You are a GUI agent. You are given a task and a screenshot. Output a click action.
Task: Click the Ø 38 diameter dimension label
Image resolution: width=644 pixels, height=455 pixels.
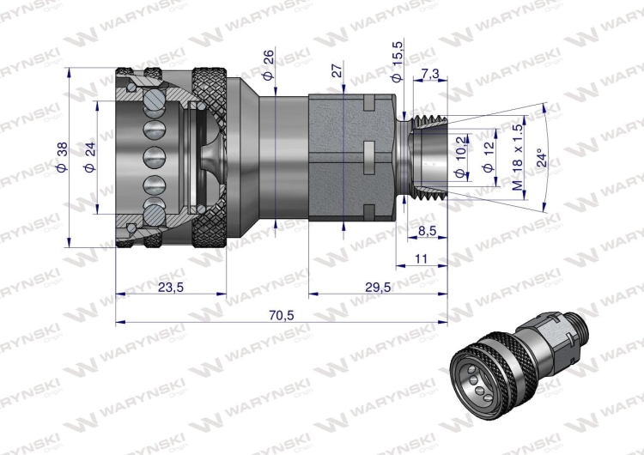click(62, 159)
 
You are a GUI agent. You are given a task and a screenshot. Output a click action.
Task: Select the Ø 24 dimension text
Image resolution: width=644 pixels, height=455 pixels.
click(88, 159)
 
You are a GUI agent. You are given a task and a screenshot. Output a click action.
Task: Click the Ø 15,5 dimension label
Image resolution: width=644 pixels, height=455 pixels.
click(396, 63)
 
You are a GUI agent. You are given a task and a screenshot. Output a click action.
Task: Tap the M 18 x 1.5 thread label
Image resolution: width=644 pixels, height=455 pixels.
click(517, 158)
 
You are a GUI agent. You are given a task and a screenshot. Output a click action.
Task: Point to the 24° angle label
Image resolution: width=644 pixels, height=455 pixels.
click(539, 159)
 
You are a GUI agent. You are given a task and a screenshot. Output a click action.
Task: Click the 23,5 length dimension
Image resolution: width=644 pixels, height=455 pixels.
click(171, 288)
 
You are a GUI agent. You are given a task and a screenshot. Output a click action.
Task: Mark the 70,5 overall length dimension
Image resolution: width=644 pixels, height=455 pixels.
click(281, 315)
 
